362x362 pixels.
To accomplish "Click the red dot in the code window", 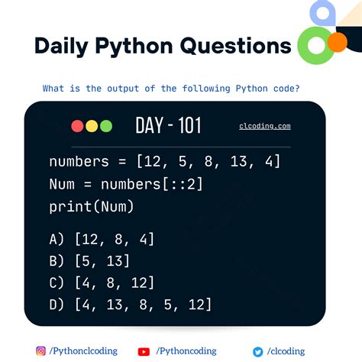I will click(x=77, y=126).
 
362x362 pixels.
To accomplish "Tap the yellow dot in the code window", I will click(x=91, y=126).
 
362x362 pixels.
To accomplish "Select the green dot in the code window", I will click(x=105, y=126).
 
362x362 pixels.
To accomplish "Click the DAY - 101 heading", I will click(x=168, y=126).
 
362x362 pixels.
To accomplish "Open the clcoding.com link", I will click(x=264, y=127).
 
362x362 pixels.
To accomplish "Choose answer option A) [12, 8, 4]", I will click(x=102, y=239).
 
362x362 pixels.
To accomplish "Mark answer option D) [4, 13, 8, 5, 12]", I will click(x=130, y=305).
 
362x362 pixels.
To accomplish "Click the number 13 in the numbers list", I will click(x=238, y=163).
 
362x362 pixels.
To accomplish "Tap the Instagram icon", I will click(x=41, y=351).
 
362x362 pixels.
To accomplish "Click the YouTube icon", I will click(x=144, y=351).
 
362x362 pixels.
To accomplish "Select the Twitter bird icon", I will click(x=258, y=351).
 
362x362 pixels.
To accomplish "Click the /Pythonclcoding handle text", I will click(x=84, y=351).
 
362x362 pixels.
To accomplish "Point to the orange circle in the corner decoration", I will click(x=336, y=43).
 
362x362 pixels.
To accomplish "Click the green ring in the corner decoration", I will click(x=312, y=46).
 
